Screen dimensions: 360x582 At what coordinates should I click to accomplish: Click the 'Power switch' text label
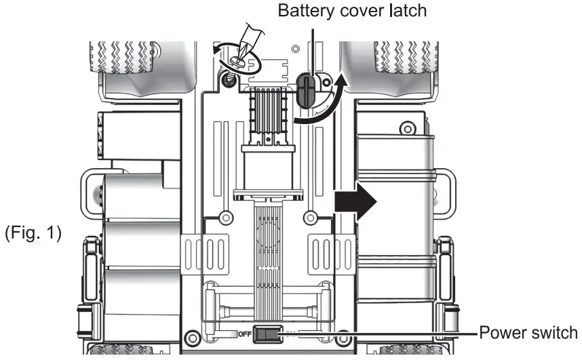point(528,332)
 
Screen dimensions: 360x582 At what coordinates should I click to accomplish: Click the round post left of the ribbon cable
point(222,218)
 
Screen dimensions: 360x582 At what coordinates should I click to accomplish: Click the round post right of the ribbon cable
point(310,218)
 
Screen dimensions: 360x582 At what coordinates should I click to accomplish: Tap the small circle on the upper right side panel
point(406,127)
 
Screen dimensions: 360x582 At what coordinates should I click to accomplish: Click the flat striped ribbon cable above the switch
point(267,258)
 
